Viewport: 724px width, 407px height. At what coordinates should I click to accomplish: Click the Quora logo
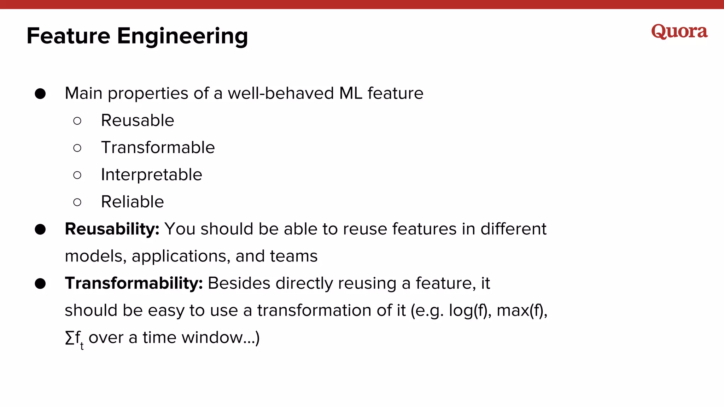679,32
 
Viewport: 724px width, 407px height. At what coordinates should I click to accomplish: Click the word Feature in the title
69,36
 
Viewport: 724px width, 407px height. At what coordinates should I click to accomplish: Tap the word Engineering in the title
182,37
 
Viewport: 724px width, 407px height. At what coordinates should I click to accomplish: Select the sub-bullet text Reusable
138,120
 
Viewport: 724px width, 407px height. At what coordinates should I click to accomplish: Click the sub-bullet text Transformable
158,148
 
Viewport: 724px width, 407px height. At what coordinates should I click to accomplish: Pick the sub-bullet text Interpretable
151,175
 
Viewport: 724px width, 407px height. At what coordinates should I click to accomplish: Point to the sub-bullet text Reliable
132,202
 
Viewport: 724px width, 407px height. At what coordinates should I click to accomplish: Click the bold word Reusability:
112,229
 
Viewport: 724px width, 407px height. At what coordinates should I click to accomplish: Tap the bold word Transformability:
134,283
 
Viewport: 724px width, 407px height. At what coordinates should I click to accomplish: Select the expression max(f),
522,311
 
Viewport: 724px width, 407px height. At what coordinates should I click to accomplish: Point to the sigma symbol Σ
70,338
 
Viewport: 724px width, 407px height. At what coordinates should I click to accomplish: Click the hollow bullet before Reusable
77,121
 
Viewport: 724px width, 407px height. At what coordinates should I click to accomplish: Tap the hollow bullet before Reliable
77,202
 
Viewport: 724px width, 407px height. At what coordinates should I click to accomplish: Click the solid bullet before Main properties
40,94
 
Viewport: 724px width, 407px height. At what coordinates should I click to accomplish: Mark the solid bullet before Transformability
40,283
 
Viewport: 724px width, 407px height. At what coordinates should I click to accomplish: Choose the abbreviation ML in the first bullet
351,94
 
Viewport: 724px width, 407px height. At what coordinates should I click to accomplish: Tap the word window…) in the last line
221,338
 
